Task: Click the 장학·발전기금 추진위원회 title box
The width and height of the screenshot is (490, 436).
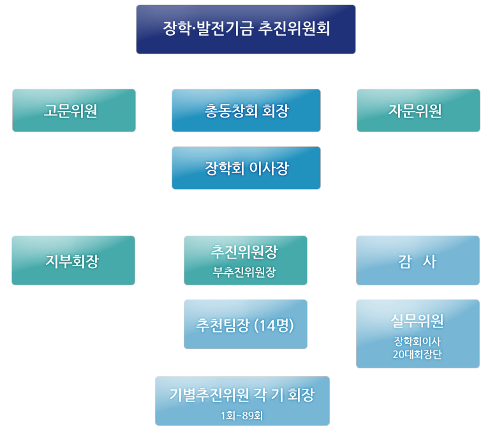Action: point(246,29)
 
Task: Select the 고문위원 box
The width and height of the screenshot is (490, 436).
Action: point(74,110)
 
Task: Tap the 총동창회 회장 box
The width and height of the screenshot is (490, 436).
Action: point(246,110)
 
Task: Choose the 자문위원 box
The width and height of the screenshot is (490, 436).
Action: point(418,110)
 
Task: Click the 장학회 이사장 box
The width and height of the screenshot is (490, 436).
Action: point(246,168)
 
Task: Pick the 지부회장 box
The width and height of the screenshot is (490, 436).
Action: point(73,260)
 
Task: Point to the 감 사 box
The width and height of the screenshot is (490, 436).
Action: point(418,260)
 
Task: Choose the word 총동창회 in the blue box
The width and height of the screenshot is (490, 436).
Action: point(226,110)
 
